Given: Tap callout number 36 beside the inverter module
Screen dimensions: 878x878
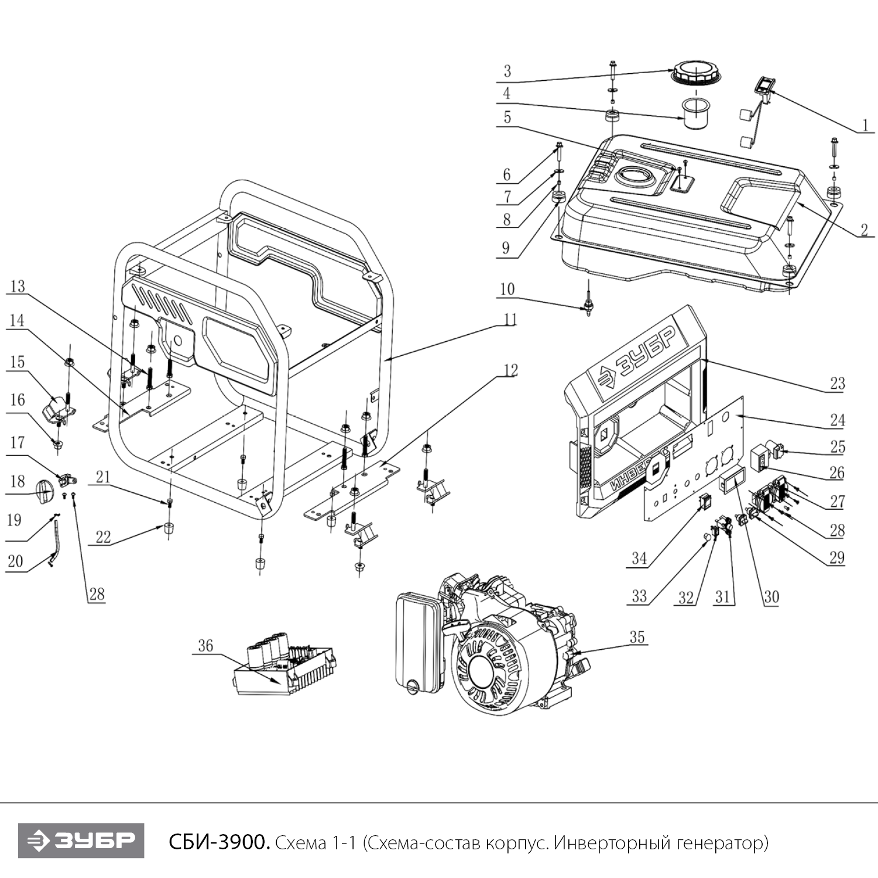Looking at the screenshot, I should tap(205, 646).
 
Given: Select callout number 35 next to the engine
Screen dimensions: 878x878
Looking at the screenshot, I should tap(637, 637).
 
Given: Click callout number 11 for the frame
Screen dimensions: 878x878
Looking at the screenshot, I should tap(510, 320).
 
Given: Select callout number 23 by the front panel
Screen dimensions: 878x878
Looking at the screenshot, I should tap(838, 383).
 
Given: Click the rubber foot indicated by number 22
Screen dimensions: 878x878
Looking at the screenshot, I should tap(169, 529).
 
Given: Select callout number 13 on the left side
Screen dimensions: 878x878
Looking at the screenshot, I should tap(18, 286).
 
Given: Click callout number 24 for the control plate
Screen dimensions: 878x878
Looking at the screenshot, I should tap(838, 420).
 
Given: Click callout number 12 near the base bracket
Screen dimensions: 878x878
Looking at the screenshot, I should tap(510, 371).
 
